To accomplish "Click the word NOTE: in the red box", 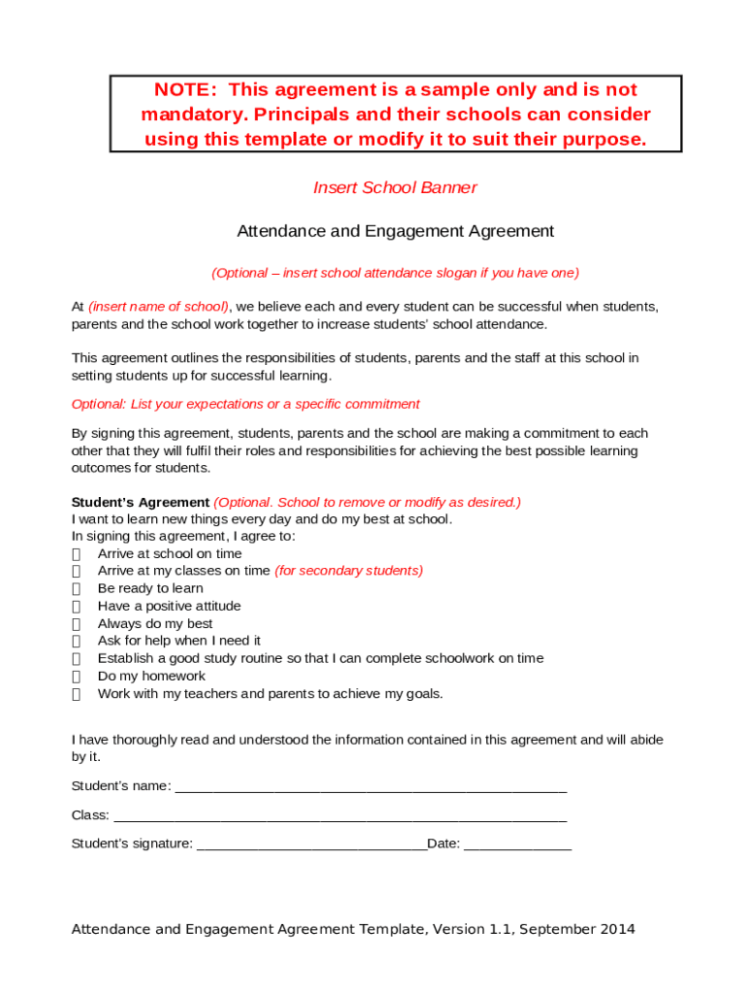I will tap(186, 90).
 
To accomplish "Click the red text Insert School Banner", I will tap(395, 187).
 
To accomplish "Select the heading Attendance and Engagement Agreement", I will tap(395, 231).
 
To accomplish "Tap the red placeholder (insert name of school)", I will tap(159, 307).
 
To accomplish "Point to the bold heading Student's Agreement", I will tap(140, 502).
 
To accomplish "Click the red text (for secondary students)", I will tap(349, 571).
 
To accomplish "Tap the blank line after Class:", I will tap(340, 816).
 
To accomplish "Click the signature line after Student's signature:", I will tap(311, 845).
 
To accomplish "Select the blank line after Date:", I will tap(518, 845).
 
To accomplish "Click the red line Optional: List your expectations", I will tap(245, 404).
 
